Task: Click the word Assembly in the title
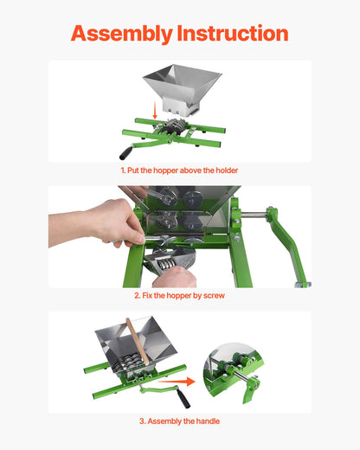click(x=121, y=34)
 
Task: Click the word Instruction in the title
click(x=232, y=34)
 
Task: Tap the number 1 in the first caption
click(x=123, y=171)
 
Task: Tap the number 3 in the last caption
click(x=141, y=421)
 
